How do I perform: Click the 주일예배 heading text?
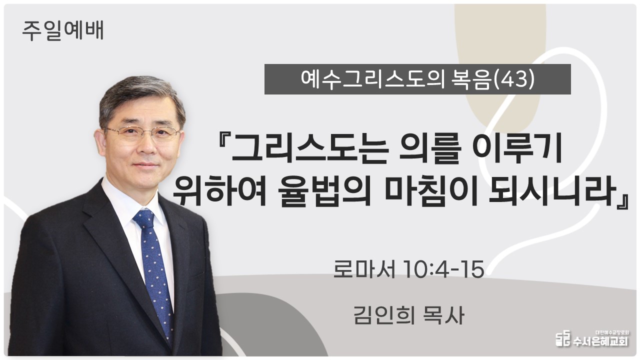point(63,31)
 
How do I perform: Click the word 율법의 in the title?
point(324,191)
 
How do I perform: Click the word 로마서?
point(364,269)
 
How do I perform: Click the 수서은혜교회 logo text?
point(600,341)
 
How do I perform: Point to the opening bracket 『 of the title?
point(223,143)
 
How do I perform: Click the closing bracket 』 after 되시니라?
point(622,201)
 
